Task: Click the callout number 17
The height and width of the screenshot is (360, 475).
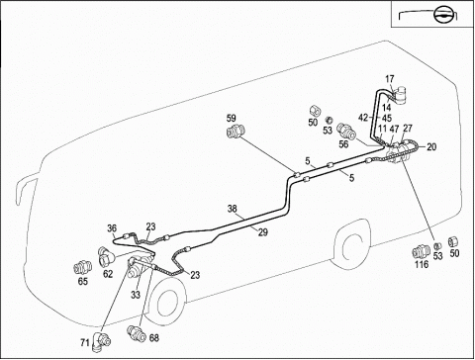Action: (390, 79)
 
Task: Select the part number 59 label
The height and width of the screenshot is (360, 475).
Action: (232, 118)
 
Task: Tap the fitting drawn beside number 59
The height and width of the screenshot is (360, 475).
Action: (236, 132)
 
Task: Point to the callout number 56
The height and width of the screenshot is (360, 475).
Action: (343, 144)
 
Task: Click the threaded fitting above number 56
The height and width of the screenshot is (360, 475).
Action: (346, 132)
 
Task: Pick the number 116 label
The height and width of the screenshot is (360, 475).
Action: (422, 264)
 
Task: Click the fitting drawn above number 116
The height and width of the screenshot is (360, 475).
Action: (422, 252)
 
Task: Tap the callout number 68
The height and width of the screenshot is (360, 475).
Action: (154, 338)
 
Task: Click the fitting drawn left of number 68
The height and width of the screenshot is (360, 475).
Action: (137, 333)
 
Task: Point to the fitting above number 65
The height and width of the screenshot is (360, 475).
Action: (82, 268)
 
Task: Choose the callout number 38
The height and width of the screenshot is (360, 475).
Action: (233, 209)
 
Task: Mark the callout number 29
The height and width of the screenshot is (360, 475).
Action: (263, 232)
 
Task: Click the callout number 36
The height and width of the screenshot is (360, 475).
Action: (112, 228)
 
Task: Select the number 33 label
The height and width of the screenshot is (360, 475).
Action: (136, 295)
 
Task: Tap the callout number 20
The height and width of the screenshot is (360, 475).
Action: (431, 147)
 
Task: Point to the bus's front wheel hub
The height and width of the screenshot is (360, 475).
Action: (167, 305)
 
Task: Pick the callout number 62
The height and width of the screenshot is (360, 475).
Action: (108, 274)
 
